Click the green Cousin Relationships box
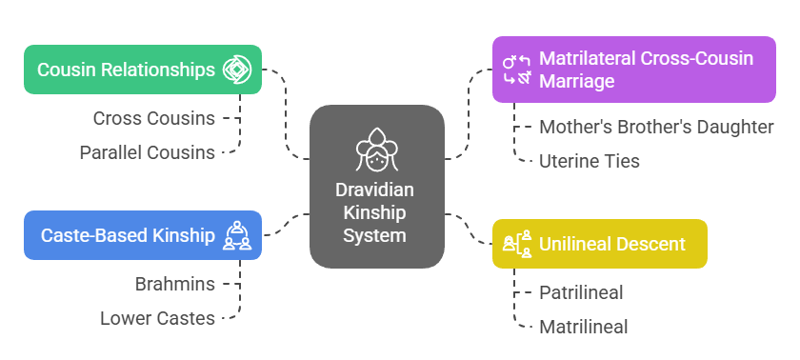point(143,70)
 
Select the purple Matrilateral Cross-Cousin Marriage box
point(633,70)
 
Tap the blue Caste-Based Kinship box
point(143,235)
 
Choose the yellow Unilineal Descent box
point(599,244)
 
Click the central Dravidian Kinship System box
point(377,186)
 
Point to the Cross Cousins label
point(153,119)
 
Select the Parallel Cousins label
point(147,152)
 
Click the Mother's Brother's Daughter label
point(656,127)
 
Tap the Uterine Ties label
point(590,161)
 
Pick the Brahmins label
point(175,284)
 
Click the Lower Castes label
point(157,318)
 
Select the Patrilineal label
point(581,292)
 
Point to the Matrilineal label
point(584,327)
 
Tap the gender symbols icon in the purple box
point(515,70)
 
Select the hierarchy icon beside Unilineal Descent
point(516,244)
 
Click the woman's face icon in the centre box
point(377,149)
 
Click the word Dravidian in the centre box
point(377,190)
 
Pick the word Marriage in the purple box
point(576,81)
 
